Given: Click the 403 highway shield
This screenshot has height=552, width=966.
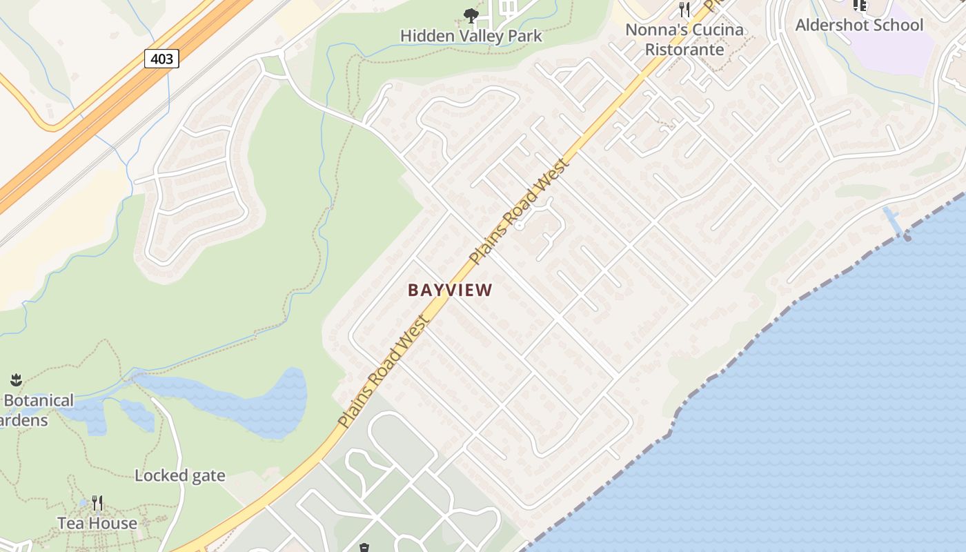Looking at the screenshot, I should (161, 59).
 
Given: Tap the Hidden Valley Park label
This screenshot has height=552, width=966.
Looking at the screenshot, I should (471, 36).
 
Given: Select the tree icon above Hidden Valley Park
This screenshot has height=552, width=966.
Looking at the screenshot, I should (471, 15).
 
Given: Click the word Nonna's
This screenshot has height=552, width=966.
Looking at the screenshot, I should (651, 30).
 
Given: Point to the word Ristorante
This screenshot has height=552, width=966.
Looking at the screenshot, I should (684, 50).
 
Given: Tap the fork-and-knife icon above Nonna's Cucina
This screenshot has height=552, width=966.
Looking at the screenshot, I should (684, 9).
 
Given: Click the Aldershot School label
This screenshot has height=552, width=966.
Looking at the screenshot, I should (859, 26).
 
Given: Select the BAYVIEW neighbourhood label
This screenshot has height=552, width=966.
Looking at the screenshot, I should (450, 290).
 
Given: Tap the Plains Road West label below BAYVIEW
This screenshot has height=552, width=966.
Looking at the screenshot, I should (383, 371).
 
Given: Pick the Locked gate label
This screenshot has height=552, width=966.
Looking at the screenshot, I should (179, 475).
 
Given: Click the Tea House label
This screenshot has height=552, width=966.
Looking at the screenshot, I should (97, 523).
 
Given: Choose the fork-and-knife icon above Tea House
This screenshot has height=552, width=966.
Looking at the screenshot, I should (97, 503).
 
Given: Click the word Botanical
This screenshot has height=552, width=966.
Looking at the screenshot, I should (39, 401).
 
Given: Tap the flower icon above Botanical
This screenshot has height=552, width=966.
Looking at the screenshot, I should (16, 379).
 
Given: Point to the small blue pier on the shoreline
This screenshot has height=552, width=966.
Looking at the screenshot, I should (893, 221).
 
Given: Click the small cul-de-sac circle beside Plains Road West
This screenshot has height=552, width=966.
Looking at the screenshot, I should (520, 226).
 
